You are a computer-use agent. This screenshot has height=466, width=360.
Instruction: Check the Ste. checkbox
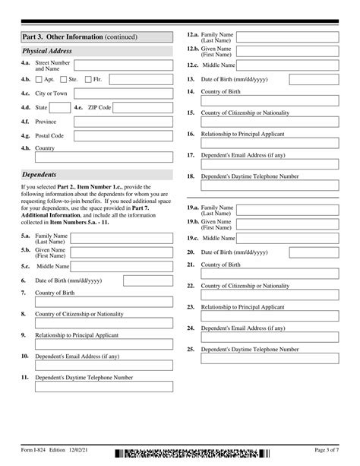click(x=64, y=79)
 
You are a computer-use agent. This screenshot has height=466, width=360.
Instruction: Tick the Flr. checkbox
click(x=88, y=79)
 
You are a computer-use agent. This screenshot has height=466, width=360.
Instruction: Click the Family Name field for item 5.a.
click(x=124, y=239)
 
